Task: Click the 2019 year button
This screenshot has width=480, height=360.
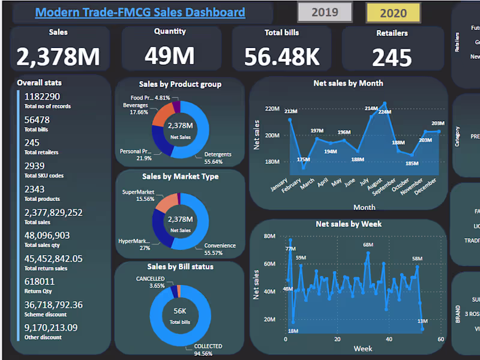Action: [325, 12]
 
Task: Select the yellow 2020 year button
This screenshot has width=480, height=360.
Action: [393, 12]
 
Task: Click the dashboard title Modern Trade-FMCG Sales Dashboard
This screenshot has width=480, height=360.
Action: [140, 12]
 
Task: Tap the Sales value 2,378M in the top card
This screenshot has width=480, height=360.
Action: [58, 57]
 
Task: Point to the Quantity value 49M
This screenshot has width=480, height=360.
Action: [170, 56]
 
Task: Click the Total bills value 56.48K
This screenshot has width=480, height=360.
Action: [282, 56]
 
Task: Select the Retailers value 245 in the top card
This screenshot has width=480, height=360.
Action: [392, 58]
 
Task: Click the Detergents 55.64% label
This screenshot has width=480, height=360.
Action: [217, 158]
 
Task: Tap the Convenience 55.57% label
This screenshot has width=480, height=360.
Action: [220, 249]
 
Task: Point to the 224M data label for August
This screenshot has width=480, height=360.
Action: [385, 112]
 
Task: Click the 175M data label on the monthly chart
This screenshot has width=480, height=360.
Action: [303, 160]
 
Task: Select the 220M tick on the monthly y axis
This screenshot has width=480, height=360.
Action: [272, 109]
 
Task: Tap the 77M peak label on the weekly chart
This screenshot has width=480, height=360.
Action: [290, 248]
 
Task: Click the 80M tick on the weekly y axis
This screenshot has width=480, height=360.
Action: [269, 236]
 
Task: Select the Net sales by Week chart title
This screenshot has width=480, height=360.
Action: [349, 224]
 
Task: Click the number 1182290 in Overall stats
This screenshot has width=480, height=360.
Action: [42, 96]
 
